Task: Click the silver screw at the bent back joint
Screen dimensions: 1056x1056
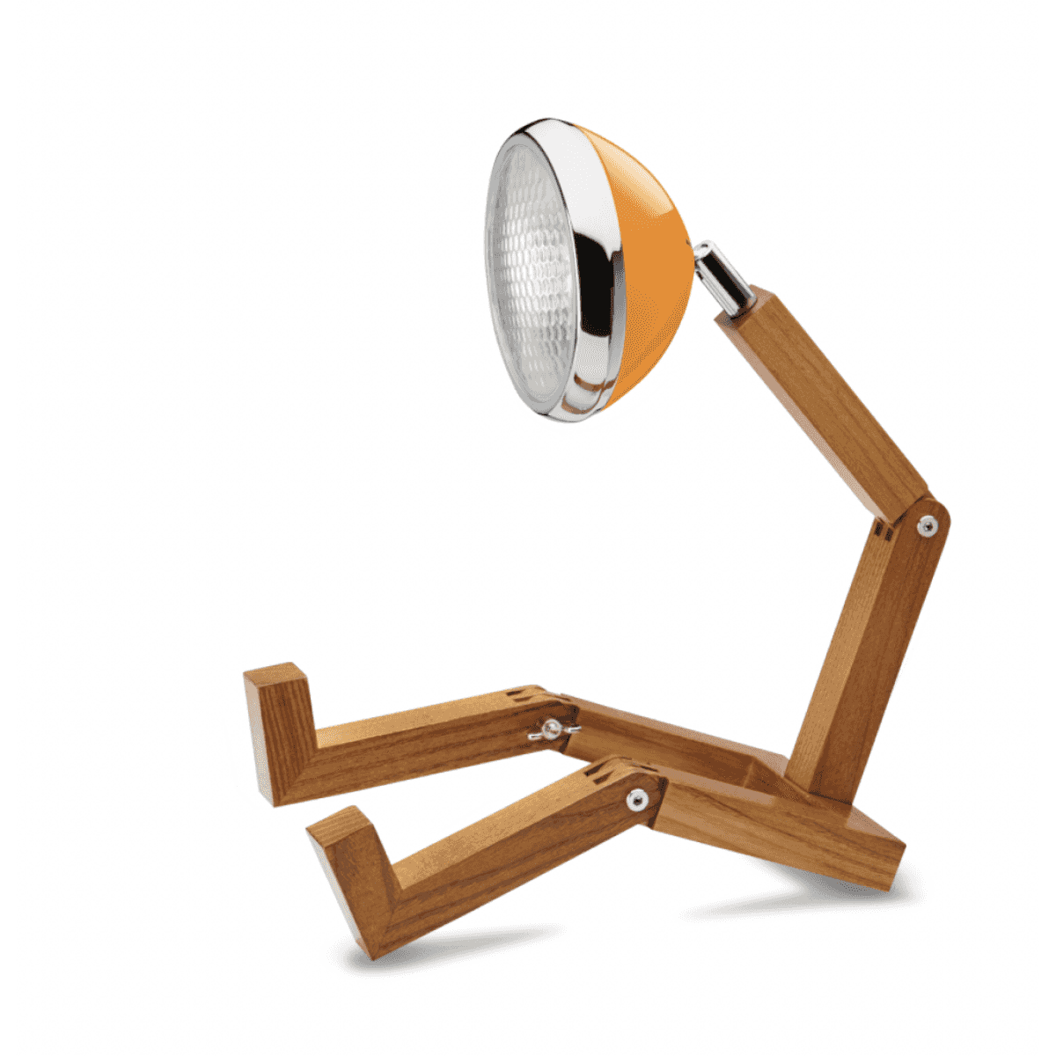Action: (x=926, y=526)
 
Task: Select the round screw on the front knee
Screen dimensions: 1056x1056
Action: (x=635, y=799)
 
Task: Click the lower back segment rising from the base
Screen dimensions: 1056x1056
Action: (x=867, y=651)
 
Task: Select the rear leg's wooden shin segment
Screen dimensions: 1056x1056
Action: (x=422, y=739)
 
